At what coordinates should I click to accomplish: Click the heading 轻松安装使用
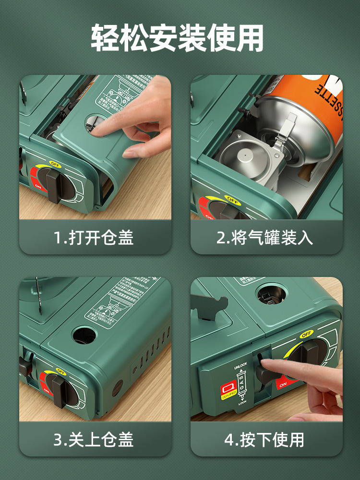[x=178, y=38]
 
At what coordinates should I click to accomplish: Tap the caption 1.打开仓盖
[x=94, y=237]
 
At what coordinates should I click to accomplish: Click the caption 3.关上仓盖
[x=94, y=439]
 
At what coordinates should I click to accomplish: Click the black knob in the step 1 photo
[x=54, y=185]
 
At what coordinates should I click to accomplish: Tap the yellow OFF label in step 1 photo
[x=55, y=164]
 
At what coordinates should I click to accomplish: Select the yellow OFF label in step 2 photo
[x=232, y=198]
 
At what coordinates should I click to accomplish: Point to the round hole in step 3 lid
[x=84, y=335]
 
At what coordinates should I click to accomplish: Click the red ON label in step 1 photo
[x=37, y=185]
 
